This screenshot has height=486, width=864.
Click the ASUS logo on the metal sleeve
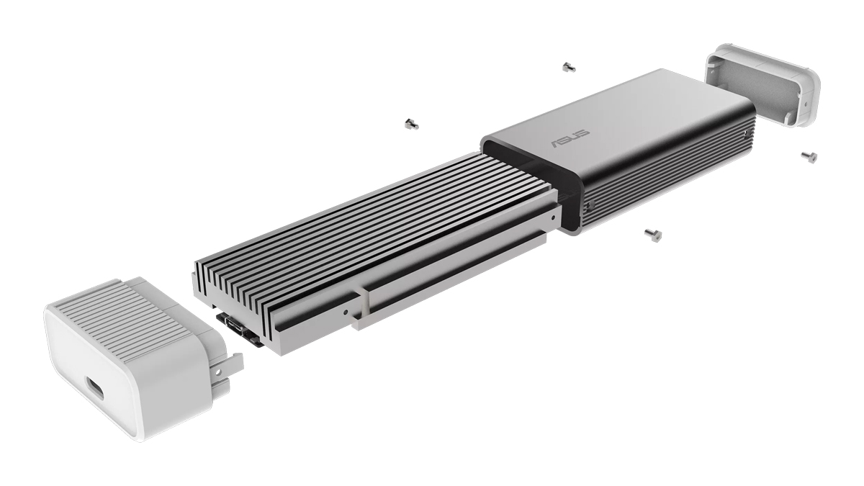pos(571,139)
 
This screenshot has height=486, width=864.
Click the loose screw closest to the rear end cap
pos(808,156)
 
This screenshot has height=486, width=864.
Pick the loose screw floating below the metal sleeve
pos(653,233)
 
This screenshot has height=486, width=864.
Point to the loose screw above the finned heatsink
pos(411,123)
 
